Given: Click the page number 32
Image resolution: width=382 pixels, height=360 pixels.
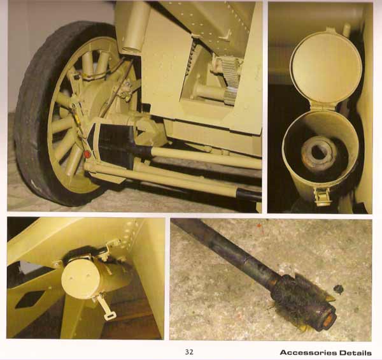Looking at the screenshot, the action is (189, 352).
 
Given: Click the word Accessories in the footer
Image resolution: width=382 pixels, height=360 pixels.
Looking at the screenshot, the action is (308, 353).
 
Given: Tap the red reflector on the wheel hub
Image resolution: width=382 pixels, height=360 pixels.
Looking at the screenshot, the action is (87, 154).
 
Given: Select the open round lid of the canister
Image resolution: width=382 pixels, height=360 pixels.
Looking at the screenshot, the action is (326, 68).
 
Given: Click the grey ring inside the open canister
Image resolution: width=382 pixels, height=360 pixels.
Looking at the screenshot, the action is (319, 153).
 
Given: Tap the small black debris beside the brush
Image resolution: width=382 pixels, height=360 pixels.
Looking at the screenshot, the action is (339, 289).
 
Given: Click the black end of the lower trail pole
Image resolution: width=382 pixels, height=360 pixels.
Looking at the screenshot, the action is (248, 194).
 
